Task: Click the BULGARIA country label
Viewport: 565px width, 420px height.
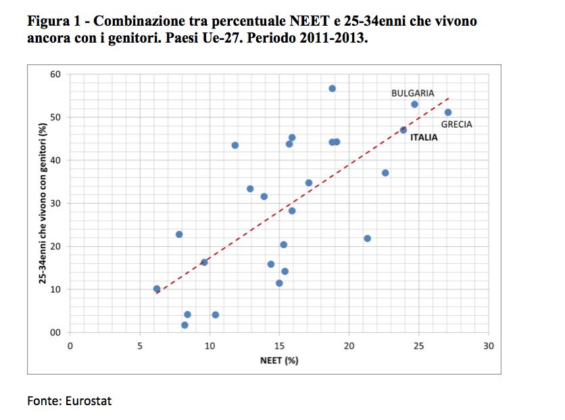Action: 412,93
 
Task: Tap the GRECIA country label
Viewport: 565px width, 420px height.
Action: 456,124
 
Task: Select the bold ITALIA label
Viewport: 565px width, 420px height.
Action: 423,137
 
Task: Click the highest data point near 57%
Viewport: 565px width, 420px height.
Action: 332,89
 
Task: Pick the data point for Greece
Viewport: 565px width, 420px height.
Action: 448,112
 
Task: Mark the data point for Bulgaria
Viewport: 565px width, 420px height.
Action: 414,104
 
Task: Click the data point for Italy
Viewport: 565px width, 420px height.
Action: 403,130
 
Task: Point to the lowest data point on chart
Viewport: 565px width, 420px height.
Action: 185,325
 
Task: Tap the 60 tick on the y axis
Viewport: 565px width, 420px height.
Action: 55,74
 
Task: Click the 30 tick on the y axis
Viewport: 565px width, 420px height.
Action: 55,204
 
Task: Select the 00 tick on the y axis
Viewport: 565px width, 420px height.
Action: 55,333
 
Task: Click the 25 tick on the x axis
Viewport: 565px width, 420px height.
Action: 419,346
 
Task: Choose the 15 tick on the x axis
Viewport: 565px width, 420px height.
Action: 280,346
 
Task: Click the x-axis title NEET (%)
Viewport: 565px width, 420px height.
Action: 279,360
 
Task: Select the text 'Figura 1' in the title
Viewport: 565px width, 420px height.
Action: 53,21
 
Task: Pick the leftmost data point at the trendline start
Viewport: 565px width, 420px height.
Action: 157,289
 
